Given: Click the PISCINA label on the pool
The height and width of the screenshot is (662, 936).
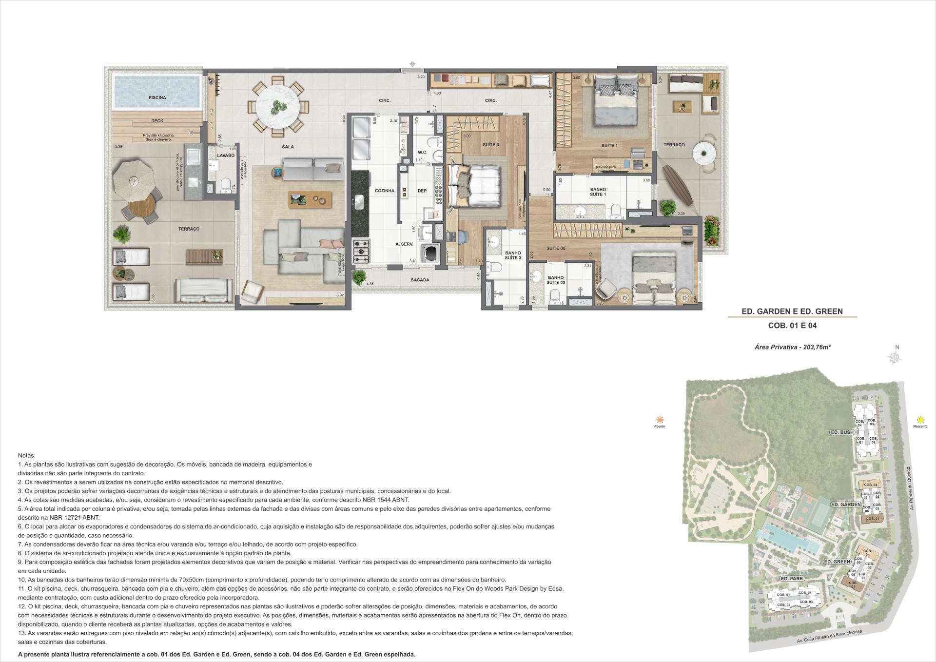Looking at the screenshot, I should pyautogui.click(x=157, y=97).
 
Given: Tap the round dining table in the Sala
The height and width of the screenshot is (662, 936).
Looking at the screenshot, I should pyautogui.click(x=277, y=107).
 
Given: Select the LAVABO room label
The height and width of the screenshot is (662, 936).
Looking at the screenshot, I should pyautogui.click(x=226, y=156).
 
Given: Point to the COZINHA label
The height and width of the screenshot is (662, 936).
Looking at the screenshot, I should pyautogui.click(x=384, y=191).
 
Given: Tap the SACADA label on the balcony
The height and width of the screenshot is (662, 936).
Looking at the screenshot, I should pyautogui.click(x=420, y=280).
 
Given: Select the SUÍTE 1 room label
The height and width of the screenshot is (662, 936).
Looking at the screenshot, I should pyautogui.click(x=609, y=146).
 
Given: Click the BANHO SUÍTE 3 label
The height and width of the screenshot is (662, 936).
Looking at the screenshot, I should pyautogui.click(x=513, y=255).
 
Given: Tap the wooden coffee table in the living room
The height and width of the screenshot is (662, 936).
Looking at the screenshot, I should pyautogui.click(x=310, y=199).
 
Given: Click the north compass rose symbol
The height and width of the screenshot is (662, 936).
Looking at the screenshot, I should pyautogui.click(x=896, y=358).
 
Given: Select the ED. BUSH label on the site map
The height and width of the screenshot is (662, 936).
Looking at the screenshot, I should pyautogui.click(x=842, y=432).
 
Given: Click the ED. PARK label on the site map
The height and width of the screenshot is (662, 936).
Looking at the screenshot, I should pyautogui.click(x=791, y=579).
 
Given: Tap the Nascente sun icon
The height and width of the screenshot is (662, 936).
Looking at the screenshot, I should pyautogui.click(x=920, y=420).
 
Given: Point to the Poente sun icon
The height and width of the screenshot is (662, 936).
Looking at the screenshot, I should pyautogui.click(x=660, y=420).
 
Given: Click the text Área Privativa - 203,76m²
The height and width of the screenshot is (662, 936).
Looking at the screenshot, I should pyautogui.click(x=792, y=347).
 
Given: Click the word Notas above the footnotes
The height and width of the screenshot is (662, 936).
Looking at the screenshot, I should pyautogui.click(x=26, y=455).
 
